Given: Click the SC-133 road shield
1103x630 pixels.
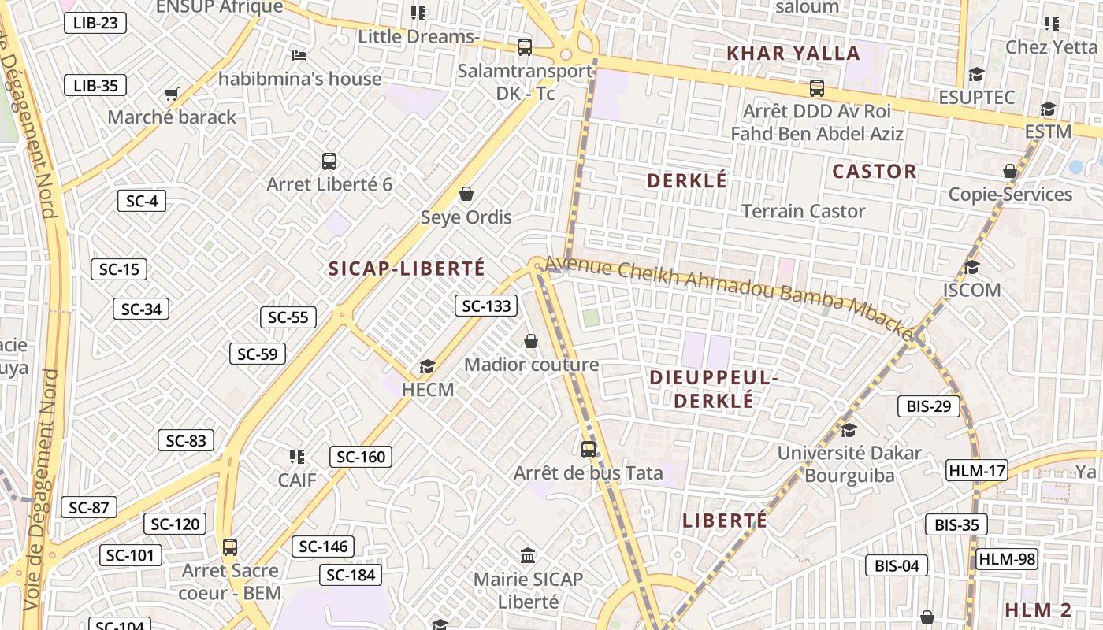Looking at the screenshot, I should pyautogui.click(x=486, y=306).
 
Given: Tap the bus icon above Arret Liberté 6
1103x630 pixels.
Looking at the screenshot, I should pyautogui.click(x=329, y=161).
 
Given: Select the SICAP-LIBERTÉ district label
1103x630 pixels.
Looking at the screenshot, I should pyautogui.click(x=407, y=269).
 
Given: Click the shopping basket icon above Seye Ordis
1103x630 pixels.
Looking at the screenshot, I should pyautogui.click(x=466, y=194).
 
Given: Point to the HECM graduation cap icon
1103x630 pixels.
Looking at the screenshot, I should pyautogui.click(x=427, y=366).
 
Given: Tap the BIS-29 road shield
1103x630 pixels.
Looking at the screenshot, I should pyautogui.click(x=929, y=406).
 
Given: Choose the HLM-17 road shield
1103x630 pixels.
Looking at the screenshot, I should pyautogui.click(x=977, y=471).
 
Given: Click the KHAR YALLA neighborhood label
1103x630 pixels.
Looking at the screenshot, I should pyautogui.click(x=793, y=54).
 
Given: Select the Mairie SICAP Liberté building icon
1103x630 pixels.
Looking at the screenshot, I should pyautogui.click(x=528, y=556).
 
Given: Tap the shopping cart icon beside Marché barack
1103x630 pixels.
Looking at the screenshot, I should pyautogui.click(x=172, y=94).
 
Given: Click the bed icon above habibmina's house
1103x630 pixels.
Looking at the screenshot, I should pyautogui.click(x=299, y=55).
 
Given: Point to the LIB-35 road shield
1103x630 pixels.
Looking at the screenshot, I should pyautogui.click(x=95, y=85).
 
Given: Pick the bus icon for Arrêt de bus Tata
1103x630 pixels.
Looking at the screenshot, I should pyautogui.click(x=588, y=450).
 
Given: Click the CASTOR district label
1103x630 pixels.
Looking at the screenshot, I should pyautogui.click(x=875, y=172).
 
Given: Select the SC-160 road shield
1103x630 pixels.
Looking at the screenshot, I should pyautogui.click(x=360, y=457).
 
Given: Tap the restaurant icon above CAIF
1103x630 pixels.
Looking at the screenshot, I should pyautogui.click(x=296, y=457).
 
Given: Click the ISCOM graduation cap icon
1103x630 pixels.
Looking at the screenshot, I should pyautogui.click(x=971, y=267).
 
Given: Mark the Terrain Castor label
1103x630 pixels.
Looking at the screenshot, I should pyautogui.click(x=804, y=211).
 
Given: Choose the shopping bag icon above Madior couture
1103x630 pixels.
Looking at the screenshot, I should pyautogui.click(x=531, y=342).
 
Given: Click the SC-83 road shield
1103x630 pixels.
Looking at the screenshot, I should pyautogui.click(x=186, y=441).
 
